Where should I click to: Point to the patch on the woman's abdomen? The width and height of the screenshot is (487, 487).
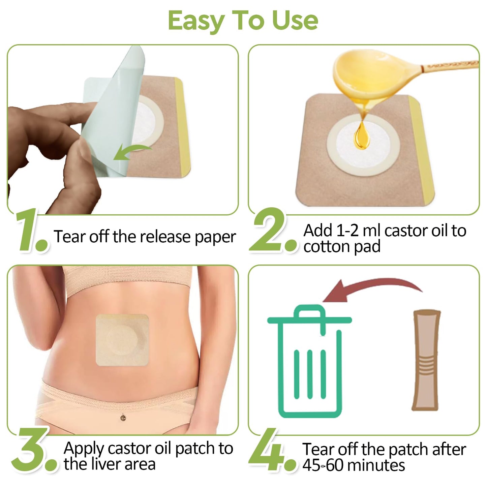[x=122, y=340]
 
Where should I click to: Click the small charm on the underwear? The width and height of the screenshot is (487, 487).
[x=123, y=418]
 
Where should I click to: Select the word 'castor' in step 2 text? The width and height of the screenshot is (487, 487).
[x=403, y=231]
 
